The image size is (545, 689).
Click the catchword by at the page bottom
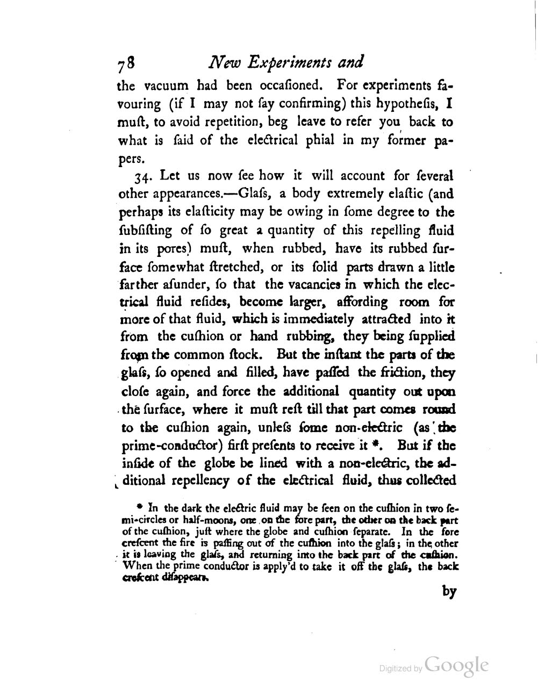click(x=449, y=591)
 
